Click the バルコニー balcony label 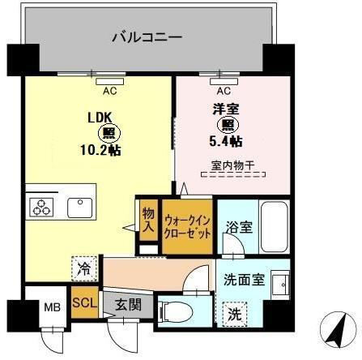pos(146,36)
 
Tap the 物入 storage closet pos(148,219)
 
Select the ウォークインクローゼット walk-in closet pos(189,224)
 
